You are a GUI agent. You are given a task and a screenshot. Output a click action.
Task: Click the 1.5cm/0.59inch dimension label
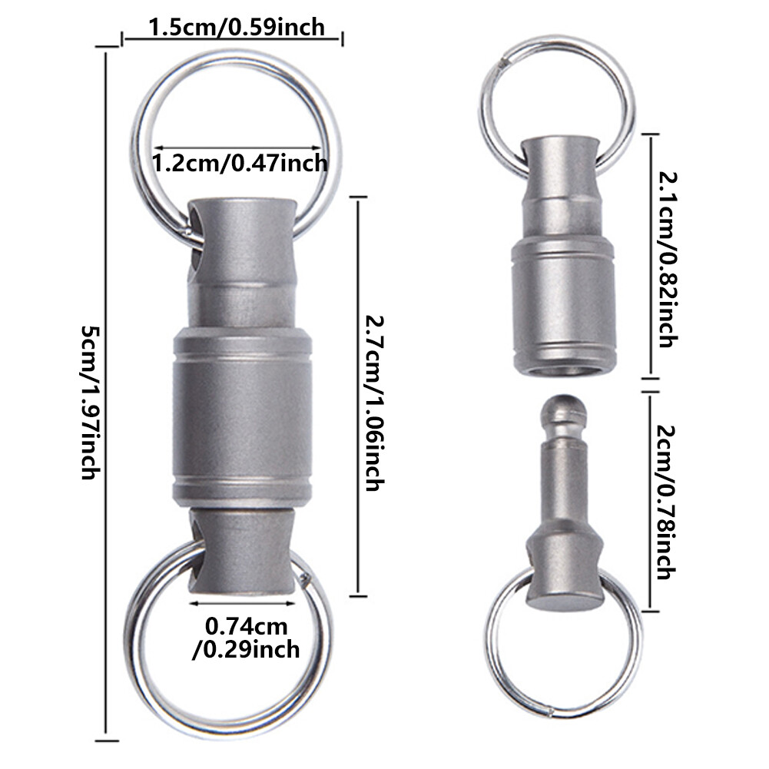(x=235, y=28)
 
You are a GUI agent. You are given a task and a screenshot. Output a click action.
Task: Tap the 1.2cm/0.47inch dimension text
(x=240, y=163)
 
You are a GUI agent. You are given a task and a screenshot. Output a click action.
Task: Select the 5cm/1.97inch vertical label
(x=91, y=403)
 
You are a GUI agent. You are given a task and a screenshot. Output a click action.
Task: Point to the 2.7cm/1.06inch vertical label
(x=374, y=403)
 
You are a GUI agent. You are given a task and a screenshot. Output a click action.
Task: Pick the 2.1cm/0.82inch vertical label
(x=664, y=258)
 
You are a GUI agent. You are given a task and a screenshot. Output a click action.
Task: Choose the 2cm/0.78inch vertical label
(x=664, y=502)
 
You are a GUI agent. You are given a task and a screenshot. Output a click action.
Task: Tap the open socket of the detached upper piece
(x=562, y=370)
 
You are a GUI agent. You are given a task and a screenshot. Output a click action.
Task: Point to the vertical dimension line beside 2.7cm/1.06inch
(x=356, y=395)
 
